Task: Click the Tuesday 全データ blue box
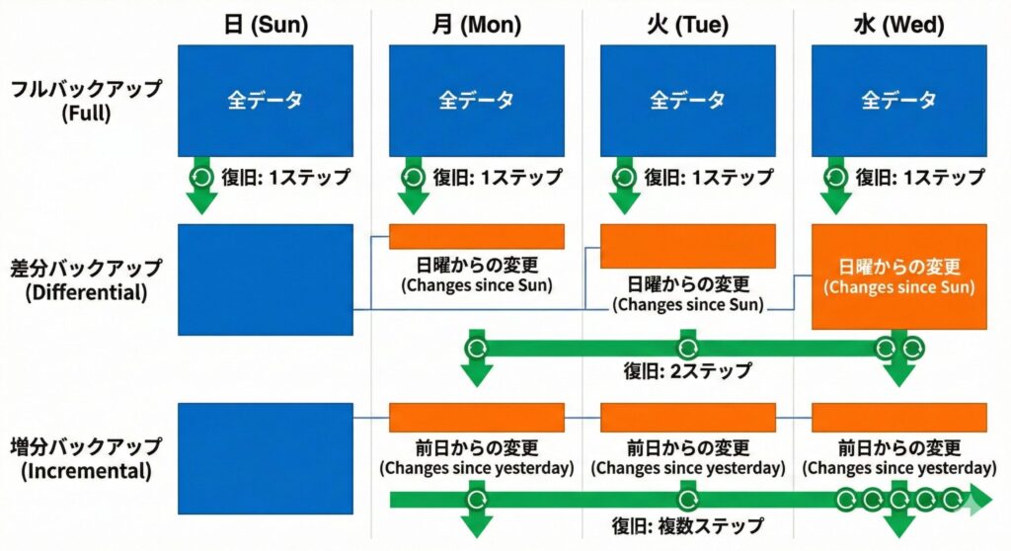pos(687,100)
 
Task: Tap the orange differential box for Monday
pos(476,237)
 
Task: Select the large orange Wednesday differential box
pos(898,276)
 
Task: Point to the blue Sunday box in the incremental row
pos(265,458)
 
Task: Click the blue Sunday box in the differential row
pos(265,279)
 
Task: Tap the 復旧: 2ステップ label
pos(687,372)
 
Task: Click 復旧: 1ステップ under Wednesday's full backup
pos(919,178)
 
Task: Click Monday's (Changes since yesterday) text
pos(476,467)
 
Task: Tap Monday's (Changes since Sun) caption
pos(476,286)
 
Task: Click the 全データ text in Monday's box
pos(476,100)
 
